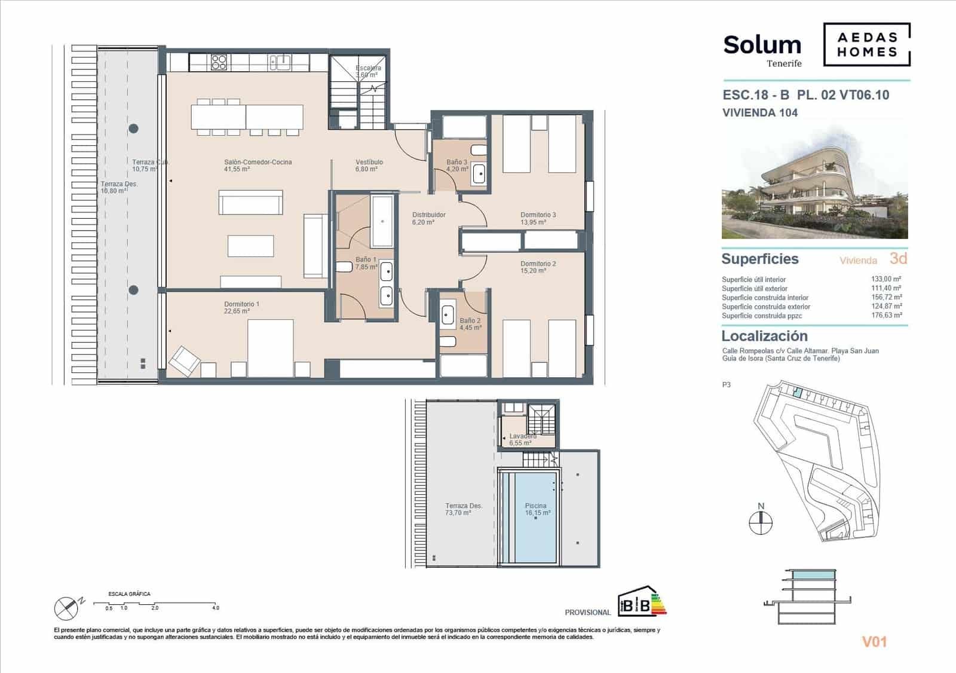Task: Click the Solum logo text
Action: (762, 45)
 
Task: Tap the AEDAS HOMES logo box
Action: (866, 44)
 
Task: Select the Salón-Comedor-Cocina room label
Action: (258, 166)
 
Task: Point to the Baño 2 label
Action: (470, 324)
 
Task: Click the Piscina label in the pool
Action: (535, 509)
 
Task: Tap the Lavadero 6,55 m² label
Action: (522, 439)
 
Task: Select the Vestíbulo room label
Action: (369, 166)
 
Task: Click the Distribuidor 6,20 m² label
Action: (428, 218)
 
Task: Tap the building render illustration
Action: (814, 184)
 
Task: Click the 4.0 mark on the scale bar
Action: (215, 607)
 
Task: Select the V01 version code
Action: (874, 642)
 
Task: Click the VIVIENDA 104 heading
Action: (760, 112)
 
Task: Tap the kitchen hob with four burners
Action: (219, 62)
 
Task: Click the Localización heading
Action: (764, 336)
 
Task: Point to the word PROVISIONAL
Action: (587, 612)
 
